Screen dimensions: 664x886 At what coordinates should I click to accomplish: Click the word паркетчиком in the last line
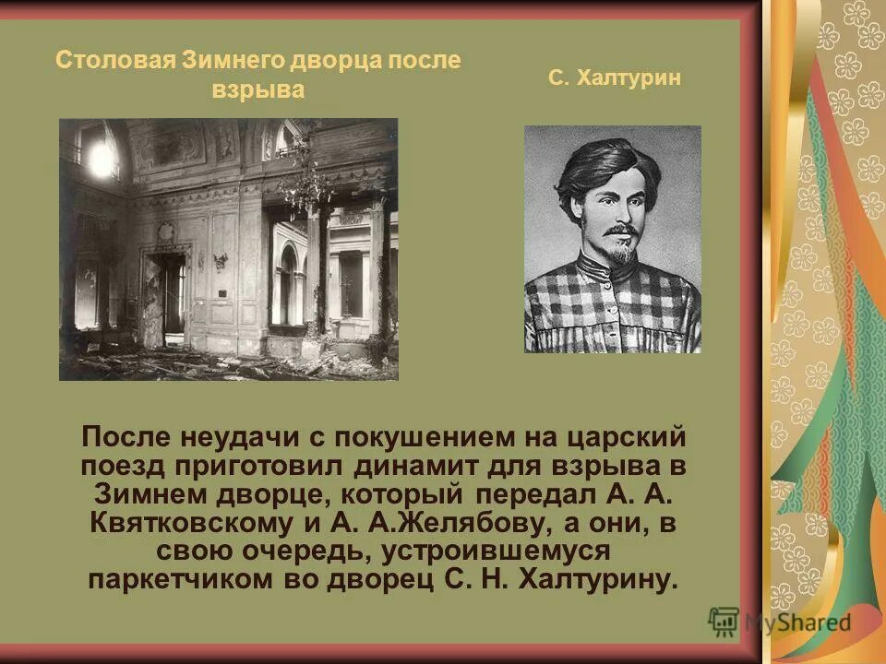pos(166,581)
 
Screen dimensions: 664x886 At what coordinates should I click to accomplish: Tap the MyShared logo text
pos(798,622)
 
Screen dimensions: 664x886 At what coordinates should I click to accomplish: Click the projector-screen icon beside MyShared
pos(724,621)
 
